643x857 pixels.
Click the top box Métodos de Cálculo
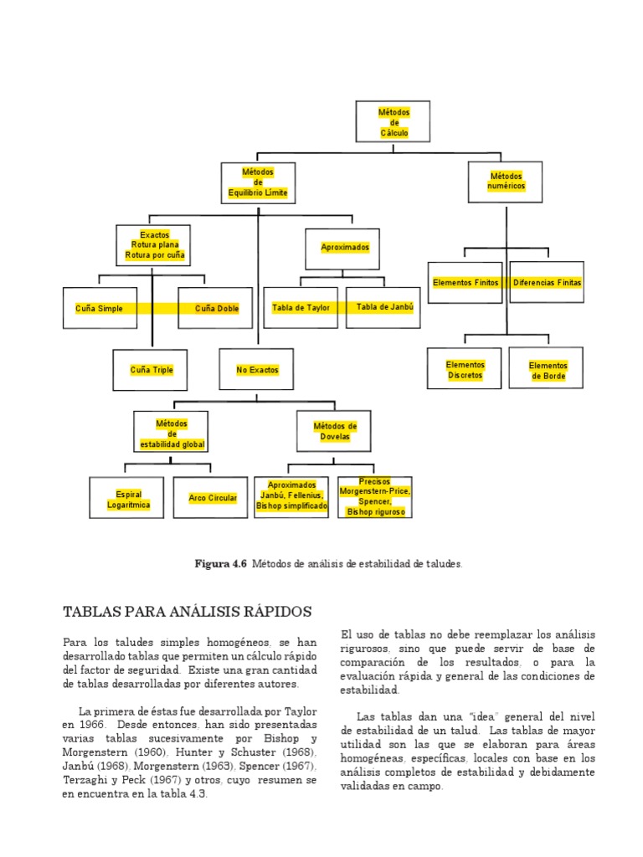pos(394,122)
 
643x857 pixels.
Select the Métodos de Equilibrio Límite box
pos(258,183)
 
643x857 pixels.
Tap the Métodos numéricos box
pos(505,182)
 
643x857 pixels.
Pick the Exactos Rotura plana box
pos(154,245)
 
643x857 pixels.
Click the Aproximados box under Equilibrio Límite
pos(345,249)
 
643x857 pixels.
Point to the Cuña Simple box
pos(99,309)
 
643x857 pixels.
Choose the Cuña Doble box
pos(216,309)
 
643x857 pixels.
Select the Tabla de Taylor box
pos(301,308)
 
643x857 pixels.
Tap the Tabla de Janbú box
pos(385,307)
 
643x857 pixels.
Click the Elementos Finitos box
pos(466,283)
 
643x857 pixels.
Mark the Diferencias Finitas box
pos(547,283)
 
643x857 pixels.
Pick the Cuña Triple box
pos(152,370)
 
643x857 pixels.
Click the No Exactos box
pos(257,370)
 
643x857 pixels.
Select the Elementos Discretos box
pos(466,370)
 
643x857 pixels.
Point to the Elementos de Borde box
pos(548,371)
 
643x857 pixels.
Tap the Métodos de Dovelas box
pos(335,432)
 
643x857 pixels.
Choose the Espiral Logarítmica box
pos(128,499)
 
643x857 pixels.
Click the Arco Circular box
pos(213,499)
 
